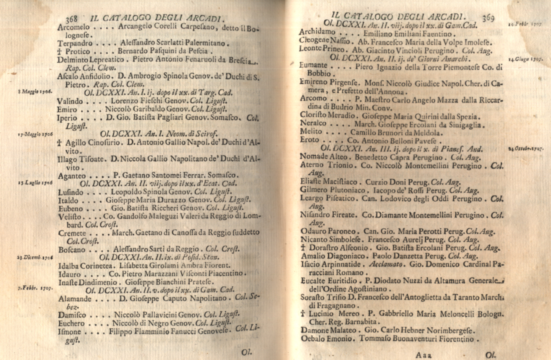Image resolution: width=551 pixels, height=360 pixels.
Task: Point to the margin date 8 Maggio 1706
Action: click(35, 91)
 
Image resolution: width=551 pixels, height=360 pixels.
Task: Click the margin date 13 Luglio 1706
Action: click(35, 183)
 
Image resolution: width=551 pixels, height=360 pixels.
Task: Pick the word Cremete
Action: click(72, 232)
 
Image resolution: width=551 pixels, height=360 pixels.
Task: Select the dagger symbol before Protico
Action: click(60, 51)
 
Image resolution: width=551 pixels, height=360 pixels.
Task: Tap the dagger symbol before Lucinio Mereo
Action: click(303, 314)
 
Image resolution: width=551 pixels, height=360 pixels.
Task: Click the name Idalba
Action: click(69, 265)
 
